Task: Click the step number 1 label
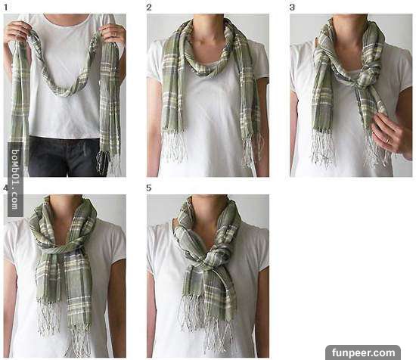click(x=5, y=7)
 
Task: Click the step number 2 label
click(x=149, y=7)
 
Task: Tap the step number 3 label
click(x=292, y=7)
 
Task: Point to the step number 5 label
click(x=149, y=188)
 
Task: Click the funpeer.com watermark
click(x=363, y=353)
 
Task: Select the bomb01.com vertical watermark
click(x=15, y=179)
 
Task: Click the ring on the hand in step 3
click(x=387, y=141)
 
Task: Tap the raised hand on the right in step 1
click(x=113, y=33)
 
